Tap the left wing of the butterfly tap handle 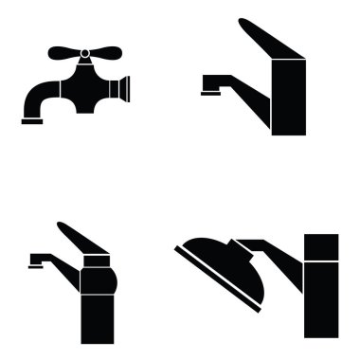60,50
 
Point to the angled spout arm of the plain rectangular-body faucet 237,81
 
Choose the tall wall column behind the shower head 320,284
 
